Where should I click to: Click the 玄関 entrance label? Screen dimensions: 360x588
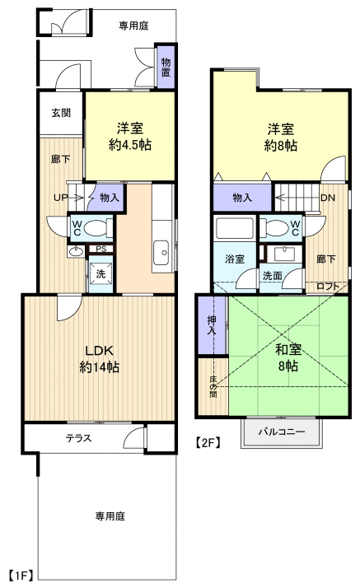pos(61,113)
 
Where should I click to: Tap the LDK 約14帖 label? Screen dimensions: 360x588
pos(100,358)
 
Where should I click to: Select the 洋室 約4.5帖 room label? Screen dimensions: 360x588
pos(130,137)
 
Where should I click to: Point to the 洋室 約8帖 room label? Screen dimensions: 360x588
pos(280,137)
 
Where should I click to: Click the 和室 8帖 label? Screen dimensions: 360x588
pos(288,357)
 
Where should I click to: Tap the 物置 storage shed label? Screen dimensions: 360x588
pos(166,67)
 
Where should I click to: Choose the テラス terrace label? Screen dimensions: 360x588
pos(79,438)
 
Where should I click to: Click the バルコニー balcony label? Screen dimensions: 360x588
pos(282,432)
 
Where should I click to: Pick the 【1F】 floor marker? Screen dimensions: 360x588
pos(21,575)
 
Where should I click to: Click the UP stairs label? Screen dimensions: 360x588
pos(60,198)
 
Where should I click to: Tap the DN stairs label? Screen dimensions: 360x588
pos(328,198)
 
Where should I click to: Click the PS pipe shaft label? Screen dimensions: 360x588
pos(101,249)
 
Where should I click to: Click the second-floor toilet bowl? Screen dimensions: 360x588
pos(276,227)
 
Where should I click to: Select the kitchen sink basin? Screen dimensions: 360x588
pos(161,252)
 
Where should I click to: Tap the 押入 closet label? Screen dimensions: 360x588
pos(212,324)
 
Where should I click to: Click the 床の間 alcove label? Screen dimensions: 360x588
pos(213,387)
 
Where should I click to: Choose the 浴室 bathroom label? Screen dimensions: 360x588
pos(235,259)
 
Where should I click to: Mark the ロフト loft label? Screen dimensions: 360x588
pos(328,287)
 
